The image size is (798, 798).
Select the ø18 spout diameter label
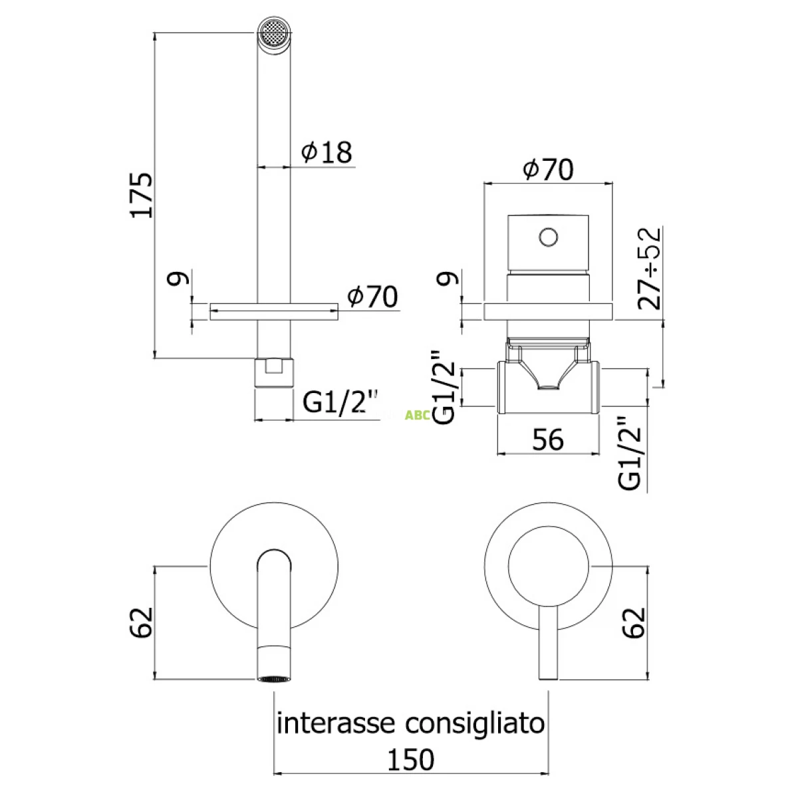(326, 152)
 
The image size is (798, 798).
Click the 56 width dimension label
(548, 440)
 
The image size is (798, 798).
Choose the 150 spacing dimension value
(412, 759)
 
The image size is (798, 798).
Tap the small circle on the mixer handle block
(548, 236)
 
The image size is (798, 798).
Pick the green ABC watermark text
(417, 416)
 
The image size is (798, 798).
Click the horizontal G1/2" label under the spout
(340, 402)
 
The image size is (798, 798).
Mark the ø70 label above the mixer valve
(548, 170)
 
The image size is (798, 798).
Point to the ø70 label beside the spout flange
(372, 297)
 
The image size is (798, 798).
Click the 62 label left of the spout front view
(142, 622)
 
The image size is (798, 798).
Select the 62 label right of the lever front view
(635, 622)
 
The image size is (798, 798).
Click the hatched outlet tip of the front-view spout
(274, 678)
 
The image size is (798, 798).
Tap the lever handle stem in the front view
(548, 642)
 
